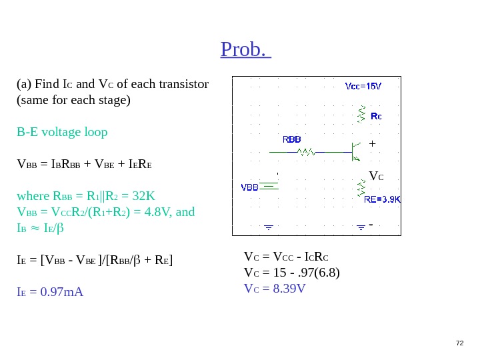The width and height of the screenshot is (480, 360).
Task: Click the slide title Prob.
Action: (x=245, y=49)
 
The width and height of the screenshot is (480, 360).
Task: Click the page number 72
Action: (x=459, y=343)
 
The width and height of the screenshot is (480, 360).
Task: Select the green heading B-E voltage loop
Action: (x=62, y=131)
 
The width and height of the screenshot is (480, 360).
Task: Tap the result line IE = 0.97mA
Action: (x=50, y=291)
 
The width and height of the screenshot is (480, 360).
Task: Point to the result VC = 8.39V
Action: (x=275, y=288)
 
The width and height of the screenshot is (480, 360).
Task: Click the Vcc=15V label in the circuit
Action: (x=363, y=86)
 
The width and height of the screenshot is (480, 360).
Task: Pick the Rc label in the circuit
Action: (x=376, y=116)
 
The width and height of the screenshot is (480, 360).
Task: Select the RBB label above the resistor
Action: (x=292, y=140)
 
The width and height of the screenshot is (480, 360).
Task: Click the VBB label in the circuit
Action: (x=250, y=187)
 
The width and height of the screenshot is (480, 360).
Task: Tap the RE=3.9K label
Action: (x=383, y=199)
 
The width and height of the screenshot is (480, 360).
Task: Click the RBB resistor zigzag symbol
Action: (x=306, y=152)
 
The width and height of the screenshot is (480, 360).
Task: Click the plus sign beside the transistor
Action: (x=372, y=143)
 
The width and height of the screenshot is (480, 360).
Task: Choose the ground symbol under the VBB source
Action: (x=269, y=227)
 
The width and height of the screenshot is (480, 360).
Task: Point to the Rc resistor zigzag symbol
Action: (x=362, y=113)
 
